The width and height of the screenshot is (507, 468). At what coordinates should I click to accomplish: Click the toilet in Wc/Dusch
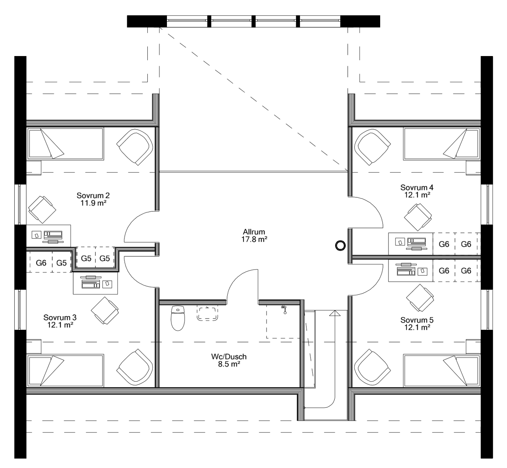[178, 318]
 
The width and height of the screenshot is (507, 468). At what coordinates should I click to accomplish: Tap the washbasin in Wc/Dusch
[208, 313]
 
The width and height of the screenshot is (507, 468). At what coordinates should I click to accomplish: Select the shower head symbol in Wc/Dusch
[284, 309]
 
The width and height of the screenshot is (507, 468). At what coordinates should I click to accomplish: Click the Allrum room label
[254, 232]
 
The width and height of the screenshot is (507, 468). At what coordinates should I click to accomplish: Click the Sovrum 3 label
[60, 318]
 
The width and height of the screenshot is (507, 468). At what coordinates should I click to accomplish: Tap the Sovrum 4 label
[417, 187]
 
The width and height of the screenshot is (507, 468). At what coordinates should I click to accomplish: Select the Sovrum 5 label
[417, 320]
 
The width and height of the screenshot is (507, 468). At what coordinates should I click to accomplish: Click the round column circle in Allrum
[340, 245]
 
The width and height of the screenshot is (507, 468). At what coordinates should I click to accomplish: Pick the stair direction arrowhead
[334, 313]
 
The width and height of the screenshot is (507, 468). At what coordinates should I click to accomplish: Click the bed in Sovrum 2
[65, 144]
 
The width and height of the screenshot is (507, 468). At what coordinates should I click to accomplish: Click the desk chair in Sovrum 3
[104, 310]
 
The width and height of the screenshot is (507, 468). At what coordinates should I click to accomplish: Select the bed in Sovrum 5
[441, 370]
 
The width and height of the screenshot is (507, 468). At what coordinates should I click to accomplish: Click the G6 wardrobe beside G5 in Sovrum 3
[41, 263]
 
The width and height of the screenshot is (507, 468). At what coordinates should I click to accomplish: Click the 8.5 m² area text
[229, 364]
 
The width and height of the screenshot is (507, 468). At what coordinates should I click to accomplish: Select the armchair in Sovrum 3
[135, 367]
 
